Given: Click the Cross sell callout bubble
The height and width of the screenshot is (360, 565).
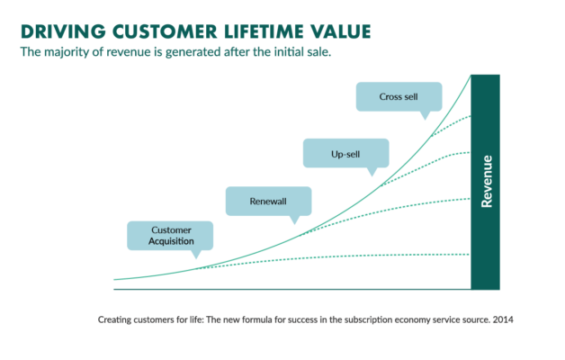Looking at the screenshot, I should click(399, 94).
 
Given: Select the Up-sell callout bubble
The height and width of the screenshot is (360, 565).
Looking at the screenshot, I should click(345, 153).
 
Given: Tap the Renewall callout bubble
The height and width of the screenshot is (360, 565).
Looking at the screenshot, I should click(268, 201).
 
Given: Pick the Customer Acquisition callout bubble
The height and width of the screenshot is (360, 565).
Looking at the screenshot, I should click(171, 235).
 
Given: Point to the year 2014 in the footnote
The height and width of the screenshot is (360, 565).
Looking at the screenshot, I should click(500, 319).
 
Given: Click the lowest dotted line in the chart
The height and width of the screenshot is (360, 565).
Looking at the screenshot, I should click(360, 256).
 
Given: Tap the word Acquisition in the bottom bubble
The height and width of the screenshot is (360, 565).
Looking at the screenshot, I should click(171, 242).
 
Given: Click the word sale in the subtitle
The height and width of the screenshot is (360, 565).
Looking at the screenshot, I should click(311, 53).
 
